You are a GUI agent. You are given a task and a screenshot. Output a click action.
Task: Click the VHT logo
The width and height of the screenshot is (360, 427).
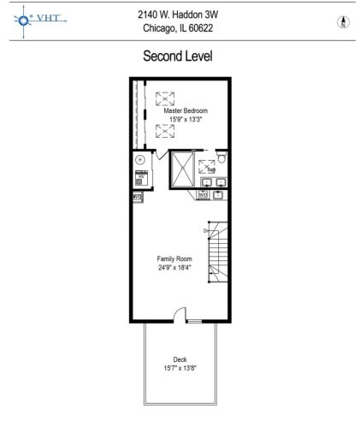pyautogui.click(x=35, y=21)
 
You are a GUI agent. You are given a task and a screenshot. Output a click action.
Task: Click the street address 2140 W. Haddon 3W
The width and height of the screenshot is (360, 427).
pyautogui.click(x=180, y=15)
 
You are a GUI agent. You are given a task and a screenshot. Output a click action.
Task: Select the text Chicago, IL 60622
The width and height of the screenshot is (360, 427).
pyautogui.click(x=180, y=28)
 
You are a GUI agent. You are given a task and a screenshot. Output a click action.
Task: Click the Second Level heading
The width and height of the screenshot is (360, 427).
pyautogui.click(x=180, y=56)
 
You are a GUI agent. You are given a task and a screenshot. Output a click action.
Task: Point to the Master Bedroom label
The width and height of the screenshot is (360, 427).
pyautogui.click(x=186, y=111)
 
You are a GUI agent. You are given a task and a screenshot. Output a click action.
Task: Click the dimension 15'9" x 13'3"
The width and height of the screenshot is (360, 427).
pyautogui.click(x=186, y=120)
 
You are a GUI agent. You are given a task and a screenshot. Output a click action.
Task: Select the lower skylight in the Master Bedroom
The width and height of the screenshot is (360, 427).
pyautogui.click(x=165, y=132)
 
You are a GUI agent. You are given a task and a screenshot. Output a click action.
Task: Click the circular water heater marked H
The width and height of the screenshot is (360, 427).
pyautogui.click(x=139, y=159)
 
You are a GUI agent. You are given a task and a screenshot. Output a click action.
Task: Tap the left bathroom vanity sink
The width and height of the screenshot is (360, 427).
pyautogui.click(x=207, y=181)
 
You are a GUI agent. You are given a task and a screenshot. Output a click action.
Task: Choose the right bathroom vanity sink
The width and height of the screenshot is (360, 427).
pyautogui.click(x=221, y=181)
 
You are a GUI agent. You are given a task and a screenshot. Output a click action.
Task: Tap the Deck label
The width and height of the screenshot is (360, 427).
pyautogui.click(x=180, y=359)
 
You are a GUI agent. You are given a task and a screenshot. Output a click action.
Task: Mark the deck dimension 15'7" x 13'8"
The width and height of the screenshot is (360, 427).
pyautogui.click(x=180, y=368)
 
